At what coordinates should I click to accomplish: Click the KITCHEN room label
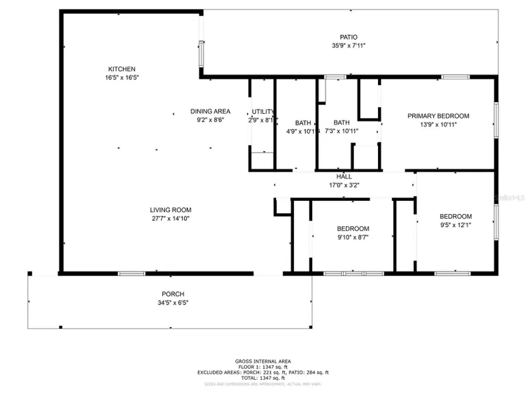click(x=122, y=69)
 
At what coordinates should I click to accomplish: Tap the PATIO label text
click(x=349, y=37)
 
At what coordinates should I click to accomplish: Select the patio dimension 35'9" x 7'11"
click(x=349, y=46)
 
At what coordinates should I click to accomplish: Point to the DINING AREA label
click(x=210, y=111)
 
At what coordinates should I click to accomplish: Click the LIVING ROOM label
click(x=171, y=210)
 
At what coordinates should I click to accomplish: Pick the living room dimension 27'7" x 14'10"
click(x=171, y=219)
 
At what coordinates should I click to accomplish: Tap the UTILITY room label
click(x=263, y=112)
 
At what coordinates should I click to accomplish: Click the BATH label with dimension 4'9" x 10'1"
click(x=303, y=123)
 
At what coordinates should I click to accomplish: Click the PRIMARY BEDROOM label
click(x=438, y=116)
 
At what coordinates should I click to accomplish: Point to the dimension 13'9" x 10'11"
click(x=438, y=125)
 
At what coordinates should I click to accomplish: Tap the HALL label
click(x=344, y=176)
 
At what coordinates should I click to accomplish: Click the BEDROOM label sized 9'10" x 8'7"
click(x=353, y=228)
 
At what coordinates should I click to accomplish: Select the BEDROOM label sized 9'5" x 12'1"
click(x=455, y=216)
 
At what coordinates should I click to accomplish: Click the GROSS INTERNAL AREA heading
click(x=263, y=361)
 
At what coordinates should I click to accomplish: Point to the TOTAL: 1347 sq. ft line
click(x=263, y=378)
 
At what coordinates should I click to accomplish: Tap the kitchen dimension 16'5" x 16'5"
click(x=122, y=78)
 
